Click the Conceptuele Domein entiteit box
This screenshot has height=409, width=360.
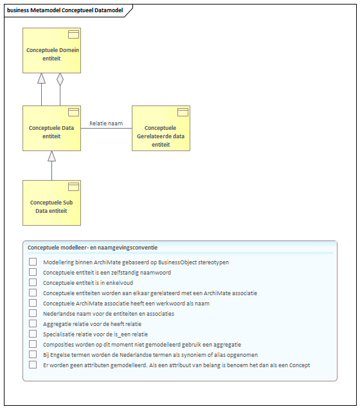click(51, 50)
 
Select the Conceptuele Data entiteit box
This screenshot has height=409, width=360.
click(51, 128)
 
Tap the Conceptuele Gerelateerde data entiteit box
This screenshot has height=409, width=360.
click(161, 128)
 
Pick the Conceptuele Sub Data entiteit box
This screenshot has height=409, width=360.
click(51, 203)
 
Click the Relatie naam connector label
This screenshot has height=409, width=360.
click(106, 123)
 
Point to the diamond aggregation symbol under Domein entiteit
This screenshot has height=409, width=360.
click(60, 79)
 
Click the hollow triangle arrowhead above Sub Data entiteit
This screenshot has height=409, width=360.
click(51, 156)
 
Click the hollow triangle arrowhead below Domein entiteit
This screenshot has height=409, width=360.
click(41, 78)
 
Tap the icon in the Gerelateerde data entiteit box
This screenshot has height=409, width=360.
click(183, 112)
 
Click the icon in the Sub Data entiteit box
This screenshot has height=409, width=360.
click(73, 186)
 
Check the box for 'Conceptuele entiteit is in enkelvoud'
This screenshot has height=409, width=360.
click(33, 282)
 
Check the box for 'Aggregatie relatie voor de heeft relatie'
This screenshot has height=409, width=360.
click(33, 323)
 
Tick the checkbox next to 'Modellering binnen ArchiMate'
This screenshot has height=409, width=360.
click(33, 262)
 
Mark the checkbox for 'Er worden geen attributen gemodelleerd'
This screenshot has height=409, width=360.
click(33, 365)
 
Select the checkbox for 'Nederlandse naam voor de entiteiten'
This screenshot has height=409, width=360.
click(33, 313)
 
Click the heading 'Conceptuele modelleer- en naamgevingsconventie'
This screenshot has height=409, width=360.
click(93, 248)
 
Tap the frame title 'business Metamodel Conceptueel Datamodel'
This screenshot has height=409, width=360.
click(65, 10)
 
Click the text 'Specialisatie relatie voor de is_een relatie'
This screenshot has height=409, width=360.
click(95, 334)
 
